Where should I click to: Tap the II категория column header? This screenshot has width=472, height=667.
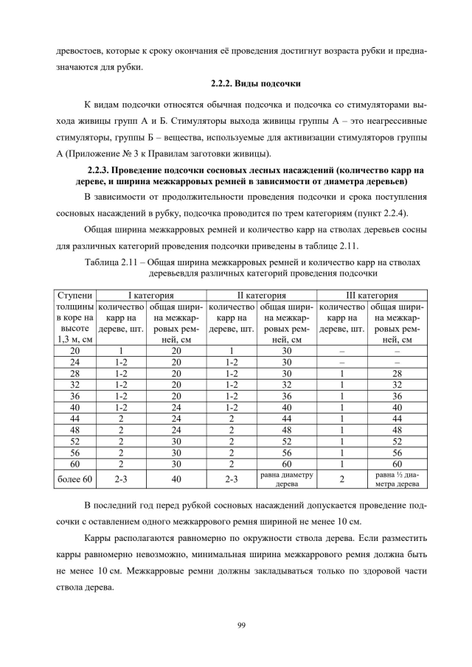click(x=261, y=295)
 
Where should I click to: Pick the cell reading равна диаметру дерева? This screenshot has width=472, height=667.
click(x=287, y=481)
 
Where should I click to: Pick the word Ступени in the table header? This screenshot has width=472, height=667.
click(x=74, y=295)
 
